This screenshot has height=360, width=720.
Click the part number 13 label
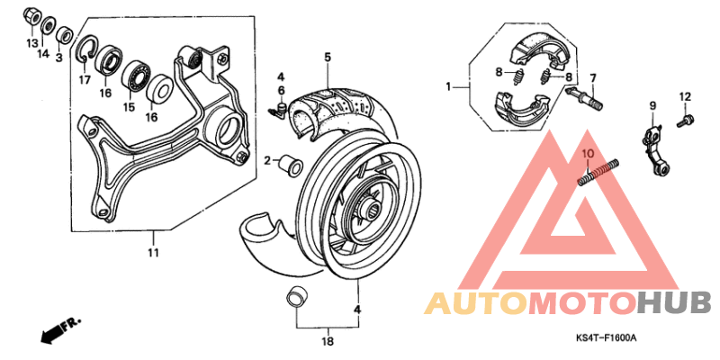(32, 42)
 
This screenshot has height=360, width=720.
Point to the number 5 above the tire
(328, 58)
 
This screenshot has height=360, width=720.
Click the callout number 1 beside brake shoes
(447, 87)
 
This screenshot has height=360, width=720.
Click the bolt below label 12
(684, 117)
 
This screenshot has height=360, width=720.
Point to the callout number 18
(328, 342)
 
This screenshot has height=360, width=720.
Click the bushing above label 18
(295, 297)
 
